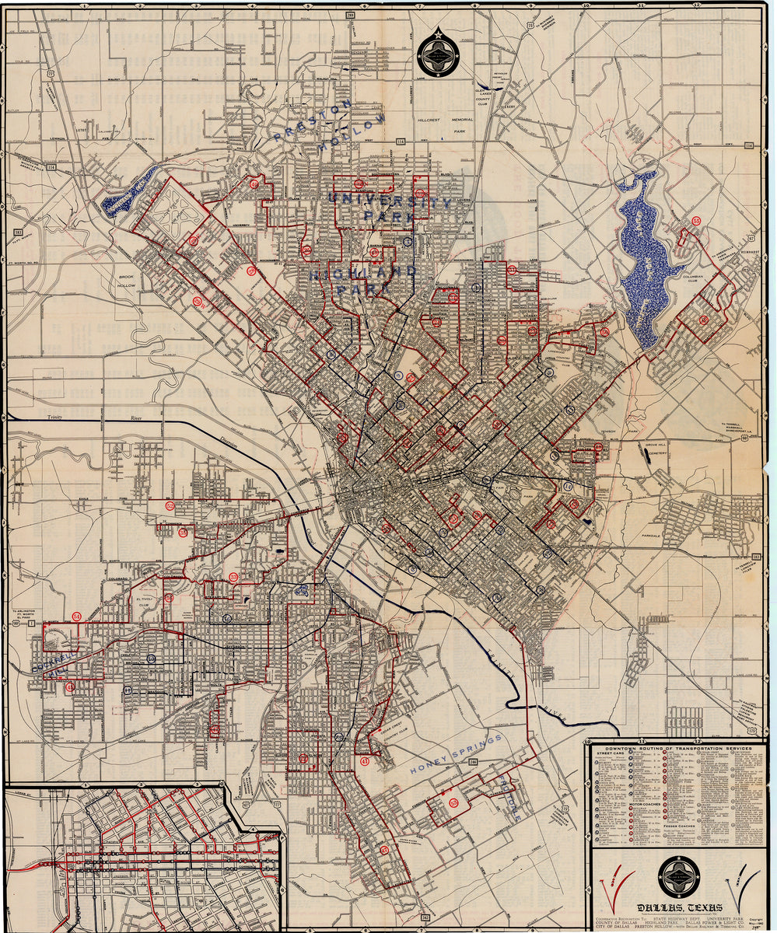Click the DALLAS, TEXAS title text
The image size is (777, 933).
pyautogui.click(x=679, y=907)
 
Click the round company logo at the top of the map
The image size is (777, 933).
pyautogui.click(x=438, y=54)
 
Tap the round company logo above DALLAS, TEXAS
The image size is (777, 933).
pyautogui.click(x=678, y=876)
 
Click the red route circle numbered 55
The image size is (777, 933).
pyautogui.click(x=696, y=222)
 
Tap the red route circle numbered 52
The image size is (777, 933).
pyautogui.click(x=170, y=505)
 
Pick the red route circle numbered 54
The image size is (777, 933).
pyautogui.click(x=76, y=617)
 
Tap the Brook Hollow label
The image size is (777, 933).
pyautogui.click(x=127, y=281)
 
